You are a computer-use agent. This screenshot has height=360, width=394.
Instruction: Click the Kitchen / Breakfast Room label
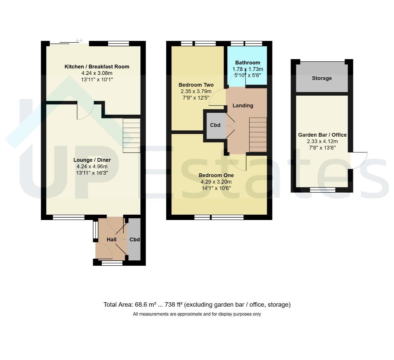tap(97, 67)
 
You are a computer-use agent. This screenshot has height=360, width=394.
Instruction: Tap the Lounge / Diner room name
tap(92, 160)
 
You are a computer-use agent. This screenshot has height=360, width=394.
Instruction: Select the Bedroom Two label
tap(196, 85)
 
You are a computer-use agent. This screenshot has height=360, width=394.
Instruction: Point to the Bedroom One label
tap(216, 175)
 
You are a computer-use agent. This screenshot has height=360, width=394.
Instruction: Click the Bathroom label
tap(248, 63)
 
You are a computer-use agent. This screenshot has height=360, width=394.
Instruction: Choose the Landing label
tap(243, 105)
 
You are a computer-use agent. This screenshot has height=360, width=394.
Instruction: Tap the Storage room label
tap(322, 78)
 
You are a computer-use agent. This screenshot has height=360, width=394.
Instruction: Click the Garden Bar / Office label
tap(322, 135)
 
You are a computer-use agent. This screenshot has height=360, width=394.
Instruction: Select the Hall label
tap(111, 239)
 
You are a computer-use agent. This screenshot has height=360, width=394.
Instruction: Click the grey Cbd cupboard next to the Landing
tap(215, 125)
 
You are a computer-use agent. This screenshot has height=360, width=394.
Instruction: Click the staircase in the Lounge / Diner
tap(131, 136)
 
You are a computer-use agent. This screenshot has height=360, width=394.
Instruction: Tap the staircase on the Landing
tap(258, 135)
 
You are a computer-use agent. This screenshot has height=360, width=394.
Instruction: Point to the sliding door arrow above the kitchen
tap(79, 40)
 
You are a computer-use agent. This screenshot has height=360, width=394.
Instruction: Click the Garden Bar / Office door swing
tap(358, 160)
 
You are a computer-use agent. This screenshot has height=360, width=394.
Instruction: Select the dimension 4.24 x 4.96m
tap(92, 166)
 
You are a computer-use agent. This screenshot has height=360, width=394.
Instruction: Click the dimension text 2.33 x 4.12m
tap(322, 141)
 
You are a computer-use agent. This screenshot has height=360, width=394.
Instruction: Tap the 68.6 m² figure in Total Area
tap(145, 305)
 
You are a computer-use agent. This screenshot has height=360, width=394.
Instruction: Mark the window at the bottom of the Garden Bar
tap(323, 190)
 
